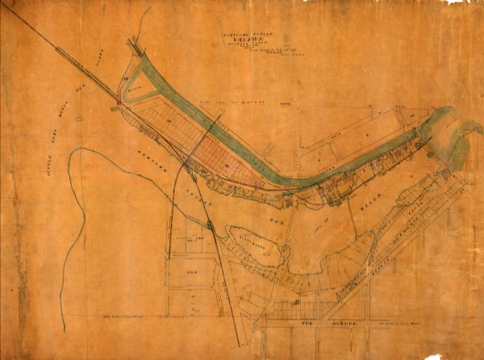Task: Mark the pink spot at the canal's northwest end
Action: coord(122,100)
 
